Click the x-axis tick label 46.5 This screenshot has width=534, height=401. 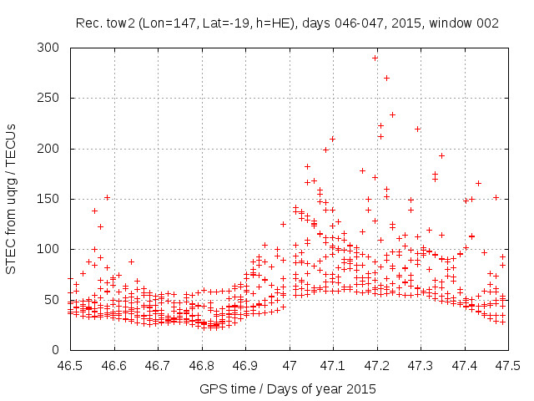[69, 366]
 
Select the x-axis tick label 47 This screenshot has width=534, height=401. [289, 366]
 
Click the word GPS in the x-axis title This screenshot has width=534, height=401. [212, 388]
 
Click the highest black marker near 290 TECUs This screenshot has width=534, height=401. [375, 58]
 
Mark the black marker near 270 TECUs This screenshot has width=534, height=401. [386, 78]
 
